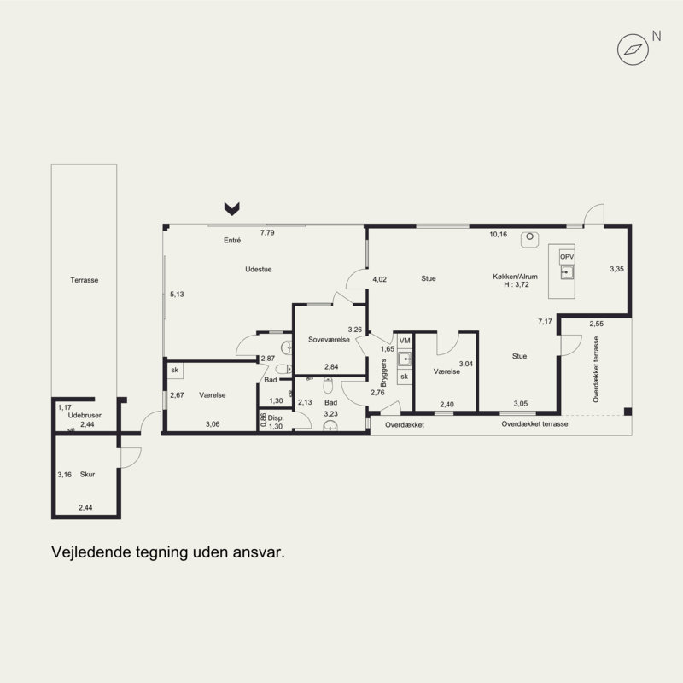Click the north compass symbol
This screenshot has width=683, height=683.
click(x=633, y=50)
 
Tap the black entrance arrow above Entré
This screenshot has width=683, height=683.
click(x=231, y=208)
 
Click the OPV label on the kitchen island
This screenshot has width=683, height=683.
click(x=567, y=257)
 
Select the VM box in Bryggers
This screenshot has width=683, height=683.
click(x=405, y=341)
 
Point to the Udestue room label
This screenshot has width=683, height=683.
click(x=259, y=270)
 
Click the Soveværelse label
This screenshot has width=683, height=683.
click(x=329, y=340)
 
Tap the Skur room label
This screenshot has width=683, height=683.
click(x=87, y=475)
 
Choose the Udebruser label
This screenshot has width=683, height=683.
click(x=85, y=416)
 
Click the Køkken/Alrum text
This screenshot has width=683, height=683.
click(x=516, y=277)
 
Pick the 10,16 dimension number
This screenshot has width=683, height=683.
click(x=499, y=234)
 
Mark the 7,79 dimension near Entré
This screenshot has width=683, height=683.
click(x=267, y=233)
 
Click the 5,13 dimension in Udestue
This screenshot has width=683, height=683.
click(x=177, y=295)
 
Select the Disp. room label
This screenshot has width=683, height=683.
click(x=275, y=418)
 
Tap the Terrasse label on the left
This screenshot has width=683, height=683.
click(x=84, y=280)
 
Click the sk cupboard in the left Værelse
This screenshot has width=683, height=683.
click(x=175, y=371)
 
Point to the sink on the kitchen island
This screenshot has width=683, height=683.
click(x=567, y=272)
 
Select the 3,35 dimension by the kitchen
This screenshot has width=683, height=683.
click(x=616, y=269)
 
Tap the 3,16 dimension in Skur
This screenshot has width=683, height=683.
click(x=65, y=475)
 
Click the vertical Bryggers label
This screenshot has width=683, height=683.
click(x=383, y=373)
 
